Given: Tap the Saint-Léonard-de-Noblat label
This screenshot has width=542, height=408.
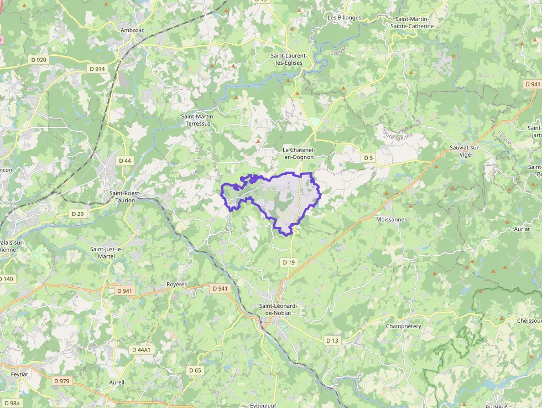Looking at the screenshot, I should click(282, 309).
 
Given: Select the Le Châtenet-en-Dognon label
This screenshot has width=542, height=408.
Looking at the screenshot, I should click(298, 153).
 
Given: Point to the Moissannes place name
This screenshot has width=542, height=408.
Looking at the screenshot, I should click(391, 220).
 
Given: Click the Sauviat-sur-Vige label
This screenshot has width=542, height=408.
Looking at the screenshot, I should click(465, 152).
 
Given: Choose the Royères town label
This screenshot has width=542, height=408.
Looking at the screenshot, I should click(177, 285).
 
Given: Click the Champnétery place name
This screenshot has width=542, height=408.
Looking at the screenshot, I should click(403, 326).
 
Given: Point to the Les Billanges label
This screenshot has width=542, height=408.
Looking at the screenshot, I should click(345, 18).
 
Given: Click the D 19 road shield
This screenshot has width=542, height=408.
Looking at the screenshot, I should click(288, 262).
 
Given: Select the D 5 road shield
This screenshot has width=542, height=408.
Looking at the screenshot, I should click(369, 158).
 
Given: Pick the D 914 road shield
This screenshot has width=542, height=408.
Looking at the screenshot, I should click(96, 69).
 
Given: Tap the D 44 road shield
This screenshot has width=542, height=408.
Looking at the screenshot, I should click(125, 161).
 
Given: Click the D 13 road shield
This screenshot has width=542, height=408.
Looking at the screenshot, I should click(332, 340).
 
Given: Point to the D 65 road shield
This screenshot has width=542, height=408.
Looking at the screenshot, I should click(195, 370).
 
